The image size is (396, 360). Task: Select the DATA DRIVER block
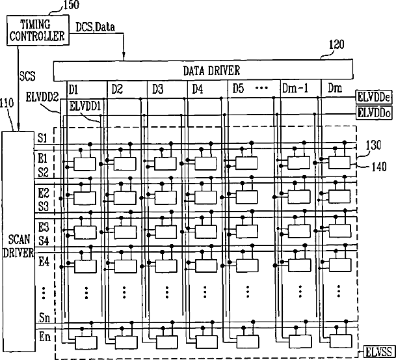(x=203, y=70)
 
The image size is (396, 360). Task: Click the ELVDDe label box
(x=375, y=97)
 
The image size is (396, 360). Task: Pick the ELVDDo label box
(x=375, y=113)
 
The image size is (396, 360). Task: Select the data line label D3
(x=159, y=88)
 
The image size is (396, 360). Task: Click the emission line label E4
(x=44, y=261)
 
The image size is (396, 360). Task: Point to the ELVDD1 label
(x=85, y=105)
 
